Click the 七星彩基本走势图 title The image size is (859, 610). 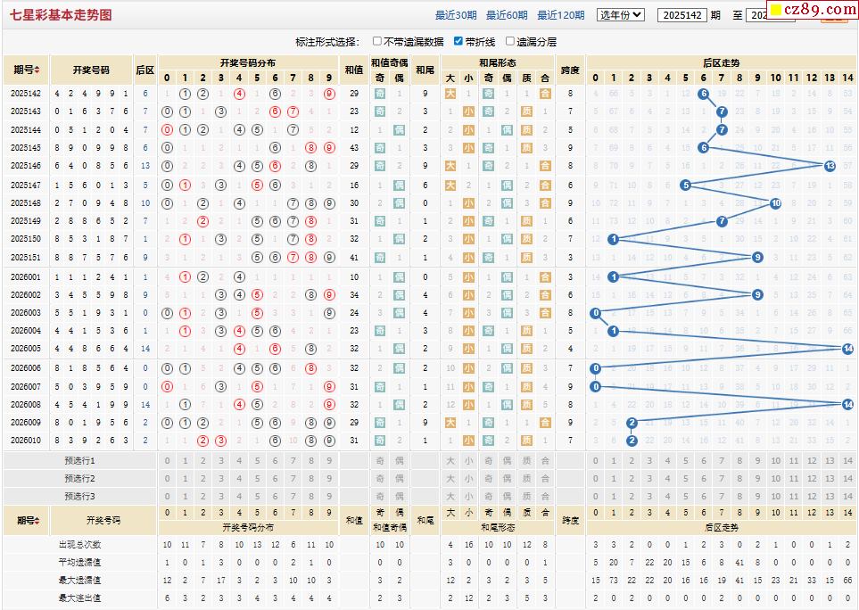[x=62, y=15]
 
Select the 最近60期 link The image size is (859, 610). [x=507, y=15]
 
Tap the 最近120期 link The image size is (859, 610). [x=561, y=15]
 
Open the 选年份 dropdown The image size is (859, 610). [x=621, y=15]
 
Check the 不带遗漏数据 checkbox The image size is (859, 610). [x=377, y=41]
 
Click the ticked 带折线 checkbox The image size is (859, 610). [x=458, y=41]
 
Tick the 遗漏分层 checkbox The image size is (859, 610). [x=510, y=41]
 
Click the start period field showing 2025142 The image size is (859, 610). [x=682, y=15]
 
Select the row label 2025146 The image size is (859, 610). [x=26, y=166]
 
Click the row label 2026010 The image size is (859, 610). [x=26, y=441]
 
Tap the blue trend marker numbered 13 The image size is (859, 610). [x=830, y=166]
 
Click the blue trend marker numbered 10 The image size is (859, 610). [x=775, y=202]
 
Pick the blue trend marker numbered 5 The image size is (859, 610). [x=685, y=185]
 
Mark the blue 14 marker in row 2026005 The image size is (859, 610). [x=847, y=349]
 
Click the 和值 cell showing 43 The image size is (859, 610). [x=354, y=148]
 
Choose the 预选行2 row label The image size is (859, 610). [x=79, y=479]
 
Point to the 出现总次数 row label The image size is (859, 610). [x=79, y=544]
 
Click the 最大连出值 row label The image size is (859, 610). [x=79, y=598]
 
